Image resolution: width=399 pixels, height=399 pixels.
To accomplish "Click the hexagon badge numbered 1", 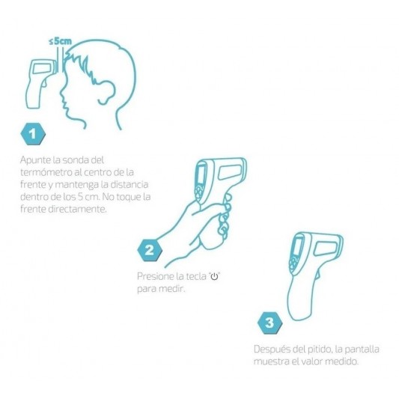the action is click(x=33, y=134).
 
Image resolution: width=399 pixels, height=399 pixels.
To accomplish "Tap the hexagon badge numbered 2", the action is click(x=150, y=250).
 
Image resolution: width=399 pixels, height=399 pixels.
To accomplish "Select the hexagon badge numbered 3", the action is click(x=269, y=323).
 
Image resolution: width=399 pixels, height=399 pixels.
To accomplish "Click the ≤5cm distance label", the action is click(x=61, y=41).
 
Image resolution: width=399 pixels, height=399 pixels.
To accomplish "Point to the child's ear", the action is click(x=107, y=92).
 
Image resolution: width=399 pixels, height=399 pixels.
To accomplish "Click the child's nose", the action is click(x=62, y=91).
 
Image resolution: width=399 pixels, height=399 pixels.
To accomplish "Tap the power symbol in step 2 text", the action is click(x=215, y=276).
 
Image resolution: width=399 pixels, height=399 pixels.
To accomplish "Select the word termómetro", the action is click(x=46, y=172).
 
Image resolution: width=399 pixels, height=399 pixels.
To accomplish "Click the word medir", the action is click(x=172, y=289).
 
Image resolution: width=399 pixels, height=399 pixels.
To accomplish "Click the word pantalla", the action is click(x=362, y=349).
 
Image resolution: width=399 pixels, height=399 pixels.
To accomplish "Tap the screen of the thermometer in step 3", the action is click(x=296, y=246).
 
